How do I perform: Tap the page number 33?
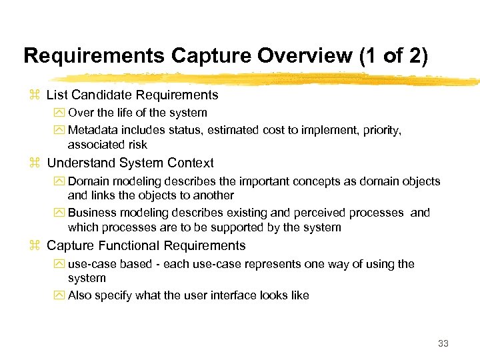[443, 344]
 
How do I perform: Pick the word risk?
[137, 145]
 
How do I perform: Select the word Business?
[91, 213]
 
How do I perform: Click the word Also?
[80, 295]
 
